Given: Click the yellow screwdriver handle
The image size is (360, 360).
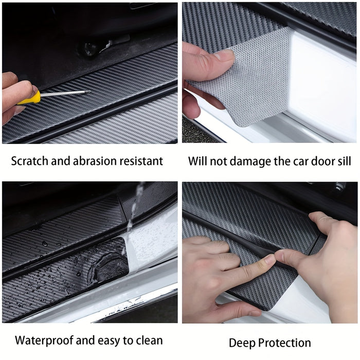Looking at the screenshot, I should (29, 97).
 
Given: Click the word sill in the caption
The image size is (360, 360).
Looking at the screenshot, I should (342, 161).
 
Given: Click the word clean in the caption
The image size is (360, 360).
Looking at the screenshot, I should (149, 340).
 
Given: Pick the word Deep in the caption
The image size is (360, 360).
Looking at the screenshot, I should (242, 343).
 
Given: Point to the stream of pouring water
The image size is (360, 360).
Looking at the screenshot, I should (132, 211).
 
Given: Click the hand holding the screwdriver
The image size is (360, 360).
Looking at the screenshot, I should (13, 98).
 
